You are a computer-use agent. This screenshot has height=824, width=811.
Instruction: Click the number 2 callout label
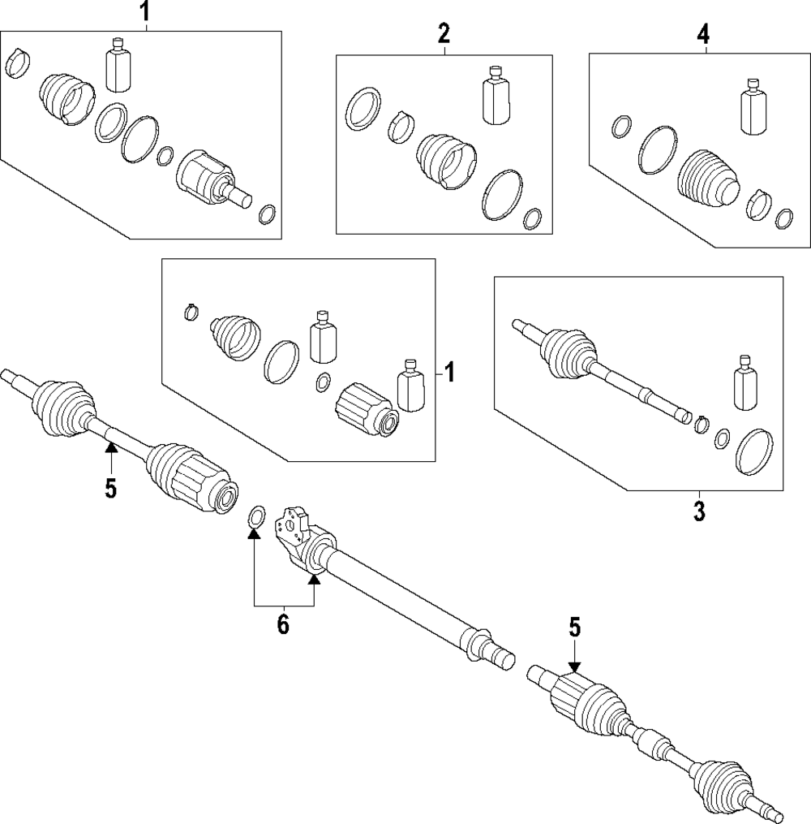pos(444,33)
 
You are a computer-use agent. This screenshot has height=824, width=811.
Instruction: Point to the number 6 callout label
pos(283,624)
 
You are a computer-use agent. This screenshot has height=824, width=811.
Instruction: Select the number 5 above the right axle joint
pos(574,628)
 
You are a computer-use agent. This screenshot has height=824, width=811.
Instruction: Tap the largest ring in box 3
pos(753,451)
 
